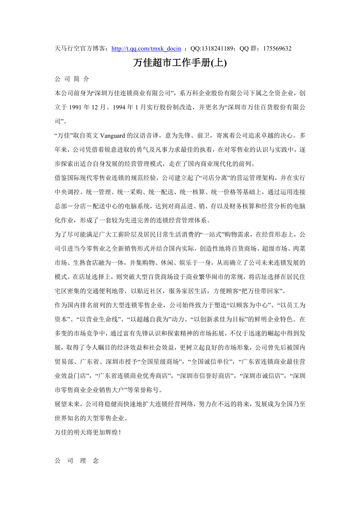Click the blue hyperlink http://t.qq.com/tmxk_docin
click(146, 49)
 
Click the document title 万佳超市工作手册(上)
click(180, 63)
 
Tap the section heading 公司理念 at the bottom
click(77, 461)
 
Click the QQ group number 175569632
click(277, 49)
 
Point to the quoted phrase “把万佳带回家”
click(262, 291)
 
